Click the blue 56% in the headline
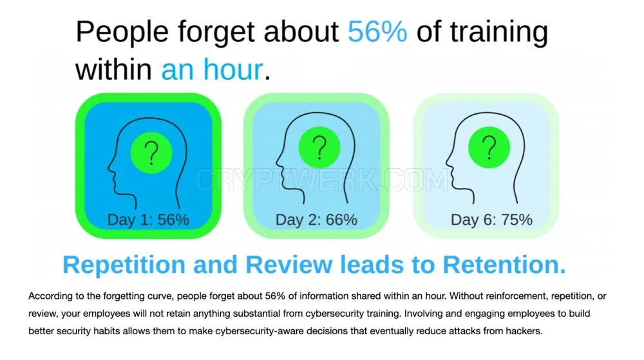click(377, 32)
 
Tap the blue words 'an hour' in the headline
click(212, 69)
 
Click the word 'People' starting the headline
click(122, 32)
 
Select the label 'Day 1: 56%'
click(148, 220)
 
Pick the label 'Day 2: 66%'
click(316, 220)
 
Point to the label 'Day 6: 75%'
click(491, 220)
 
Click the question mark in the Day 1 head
click(151, 153)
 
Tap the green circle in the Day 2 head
click(319, 147)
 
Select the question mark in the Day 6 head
click(489, 147)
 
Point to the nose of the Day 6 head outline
click(448, 162)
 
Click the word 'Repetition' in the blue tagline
click(124, 265)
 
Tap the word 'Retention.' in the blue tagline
click(504, 265)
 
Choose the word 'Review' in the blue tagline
click(289, 265)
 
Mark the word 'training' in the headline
click(499, 32)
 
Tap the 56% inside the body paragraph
click(275, 296)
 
